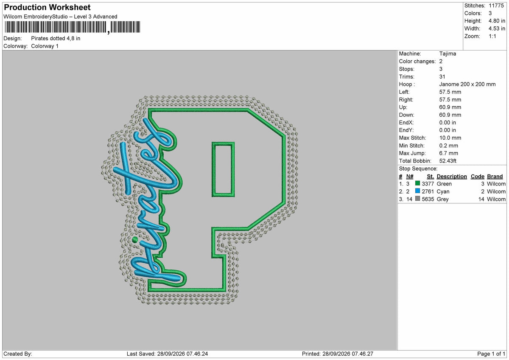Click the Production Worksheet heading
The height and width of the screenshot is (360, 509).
coord(47,7)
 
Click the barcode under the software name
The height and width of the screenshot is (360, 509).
coord(73,27)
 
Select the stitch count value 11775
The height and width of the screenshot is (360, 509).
coord(496,6)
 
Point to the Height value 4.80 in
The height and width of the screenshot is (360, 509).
coord(497,21)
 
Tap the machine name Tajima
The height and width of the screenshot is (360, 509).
coord(447,53)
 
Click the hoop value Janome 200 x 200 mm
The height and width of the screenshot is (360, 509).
coord(467,84)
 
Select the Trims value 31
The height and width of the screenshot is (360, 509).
coord(442,77)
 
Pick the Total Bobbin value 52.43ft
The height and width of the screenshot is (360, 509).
coord(447,161)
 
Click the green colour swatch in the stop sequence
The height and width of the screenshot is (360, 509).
coord(417,183)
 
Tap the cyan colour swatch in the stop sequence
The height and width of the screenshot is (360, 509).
coord(417,191)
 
